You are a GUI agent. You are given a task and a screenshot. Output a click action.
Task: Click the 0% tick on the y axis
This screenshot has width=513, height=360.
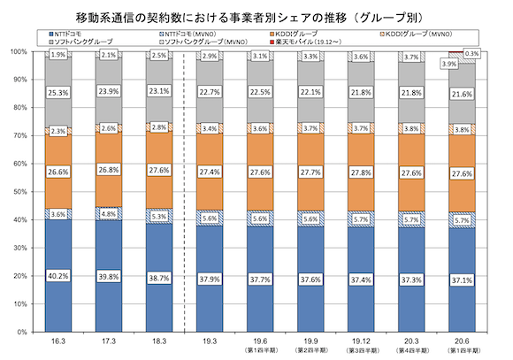(x=19, y=332)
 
